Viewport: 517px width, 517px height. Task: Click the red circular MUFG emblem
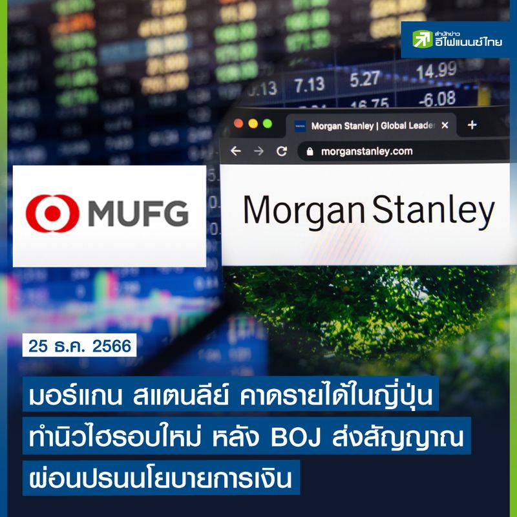pyautogui.click(x=52, y=214)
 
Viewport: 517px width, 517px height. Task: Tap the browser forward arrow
pyautogui.click(x=258, y=151)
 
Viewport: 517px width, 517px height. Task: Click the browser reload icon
pyautogui.click(x=281, y=151)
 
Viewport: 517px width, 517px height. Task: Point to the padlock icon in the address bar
pyautogui.click(x=309, y=151)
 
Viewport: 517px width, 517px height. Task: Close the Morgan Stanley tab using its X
pyautogui.click(x=445, y=125)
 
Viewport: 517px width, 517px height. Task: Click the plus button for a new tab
pyautogui.click(x=472, y=125)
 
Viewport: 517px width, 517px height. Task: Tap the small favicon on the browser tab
pyautogui.click(x=299, y=125)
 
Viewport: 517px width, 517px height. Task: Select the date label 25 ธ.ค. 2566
pyautogui.click(x=80, y=346)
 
